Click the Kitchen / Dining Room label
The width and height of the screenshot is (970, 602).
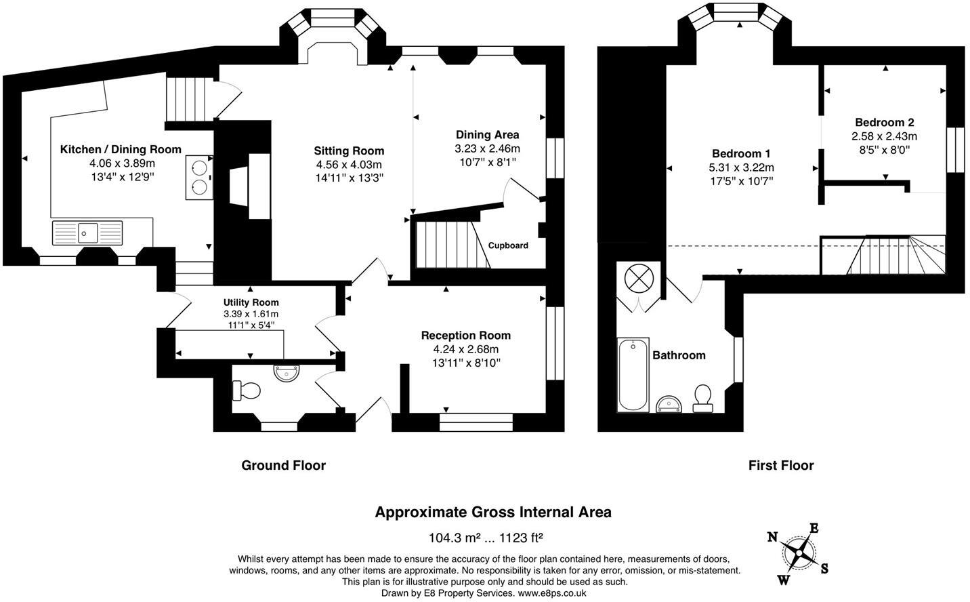coord(121,150)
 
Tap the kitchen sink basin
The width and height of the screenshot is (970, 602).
coord(88,233)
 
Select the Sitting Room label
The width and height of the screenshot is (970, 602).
coord(349,150)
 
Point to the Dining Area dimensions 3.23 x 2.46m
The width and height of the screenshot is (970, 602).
coord(487,148)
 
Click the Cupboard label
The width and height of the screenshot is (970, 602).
coord(508,245)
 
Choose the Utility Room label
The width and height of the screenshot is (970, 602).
coord(251,302)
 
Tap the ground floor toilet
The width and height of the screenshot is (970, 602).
coord(247,390)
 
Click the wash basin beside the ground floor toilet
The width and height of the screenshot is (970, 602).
coord(287,373)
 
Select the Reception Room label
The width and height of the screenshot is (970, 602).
coord(466,335)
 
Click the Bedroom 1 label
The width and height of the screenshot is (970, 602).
coord(741,153)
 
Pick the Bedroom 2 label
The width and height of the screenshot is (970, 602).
coord(884,122)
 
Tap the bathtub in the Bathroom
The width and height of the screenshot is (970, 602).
coord(633,375)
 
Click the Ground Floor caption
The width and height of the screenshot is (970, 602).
coord(284,466)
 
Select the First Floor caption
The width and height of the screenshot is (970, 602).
coord(781,466)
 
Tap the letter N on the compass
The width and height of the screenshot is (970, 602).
coord(772,538)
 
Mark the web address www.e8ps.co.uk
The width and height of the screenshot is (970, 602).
coord(552,593)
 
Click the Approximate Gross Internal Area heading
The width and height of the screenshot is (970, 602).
coord(493,513)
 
